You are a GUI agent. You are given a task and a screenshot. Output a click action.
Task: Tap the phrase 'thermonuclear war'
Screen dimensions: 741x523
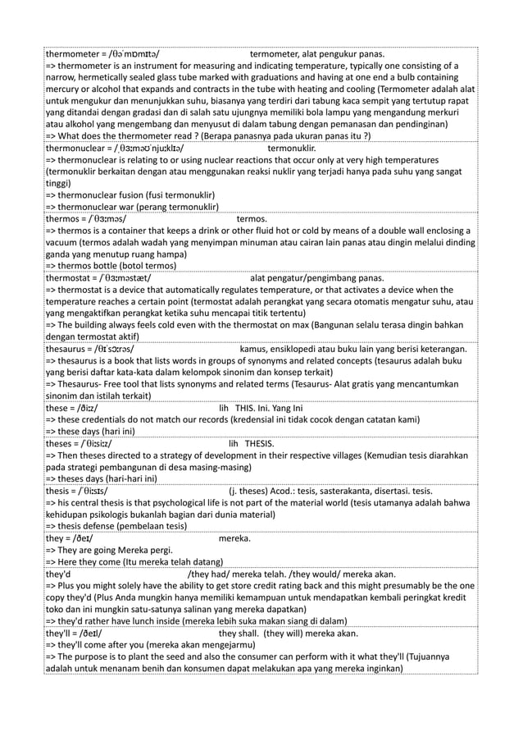[x=100, y=208]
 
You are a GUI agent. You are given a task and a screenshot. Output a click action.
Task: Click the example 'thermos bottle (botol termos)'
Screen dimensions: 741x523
[x=110, y=267]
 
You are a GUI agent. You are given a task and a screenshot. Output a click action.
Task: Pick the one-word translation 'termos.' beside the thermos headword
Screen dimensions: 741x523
[x=252, y=220]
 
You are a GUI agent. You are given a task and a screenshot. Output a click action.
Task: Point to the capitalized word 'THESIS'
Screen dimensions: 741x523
[x=260, y=444]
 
